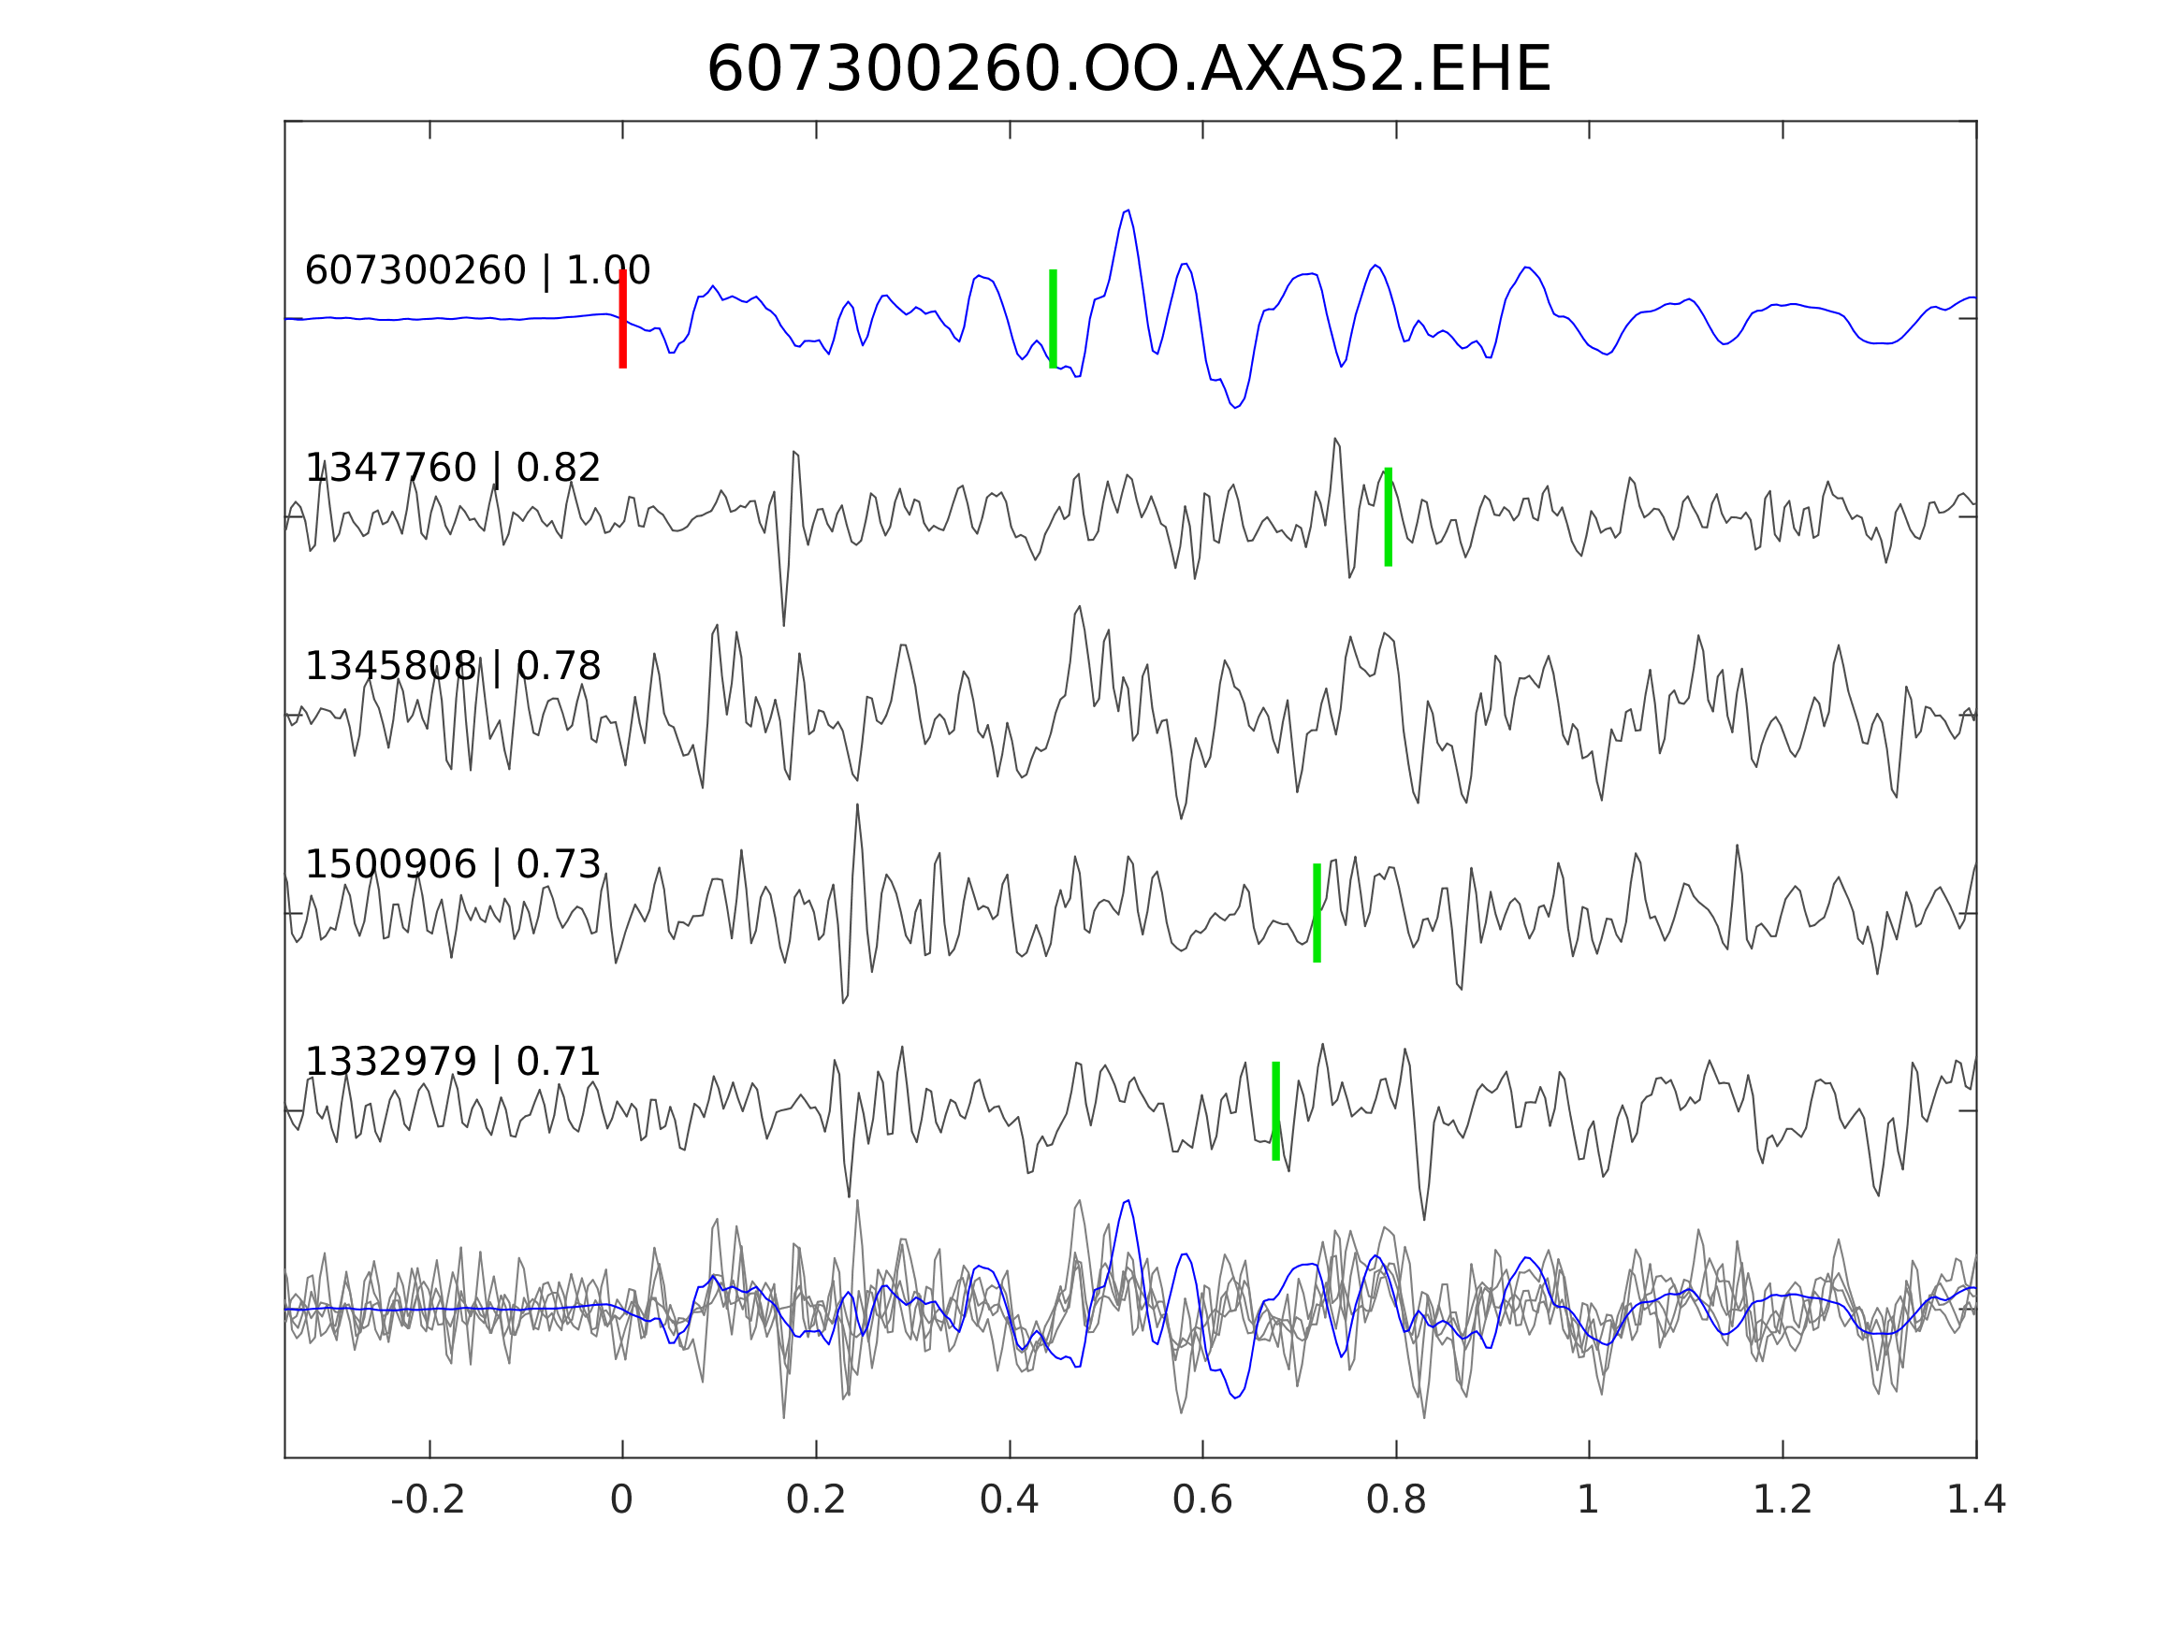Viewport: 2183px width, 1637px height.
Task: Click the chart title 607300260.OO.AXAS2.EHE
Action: [x=1129, y=70]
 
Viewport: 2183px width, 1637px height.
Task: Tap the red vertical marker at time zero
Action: [x=623, y=319]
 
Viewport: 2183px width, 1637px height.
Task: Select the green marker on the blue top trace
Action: [x=1053, y=319]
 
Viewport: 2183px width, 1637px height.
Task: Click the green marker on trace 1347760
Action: [x=1389, y=517]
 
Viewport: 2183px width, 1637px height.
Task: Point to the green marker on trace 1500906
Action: [x=1317, y=913]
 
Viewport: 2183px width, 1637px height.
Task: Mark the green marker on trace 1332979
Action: [x=1276, y=1111]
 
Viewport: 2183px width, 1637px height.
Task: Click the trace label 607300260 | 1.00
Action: [x=477, y=270]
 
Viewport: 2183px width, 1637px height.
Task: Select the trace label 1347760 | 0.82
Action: [x=453, y=468]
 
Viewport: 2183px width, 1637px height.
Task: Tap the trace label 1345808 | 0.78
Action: [x=453, y=667]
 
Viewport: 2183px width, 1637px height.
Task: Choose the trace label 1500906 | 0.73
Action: [x=453, y=864]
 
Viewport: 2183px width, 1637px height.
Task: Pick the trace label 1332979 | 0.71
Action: [x=453, y=1063]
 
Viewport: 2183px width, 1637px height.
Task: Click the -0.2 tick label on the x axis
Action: [x=429, y=1500]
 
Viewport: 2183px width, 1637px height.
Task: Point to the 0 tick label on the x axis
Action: [x=621, y=1500]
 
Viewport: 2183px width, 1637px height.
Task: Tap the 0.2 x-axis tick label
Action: [x=816, y=1500]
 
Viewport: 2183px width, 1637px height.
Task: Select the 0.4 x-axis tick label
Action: [x=1010, y=1500]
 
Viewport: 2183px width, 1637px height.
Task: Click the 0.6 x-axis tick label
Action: [x=1202, y=1500]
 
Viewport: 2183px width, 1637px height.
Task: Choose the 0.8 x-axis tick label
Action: [x=1396, y=1500]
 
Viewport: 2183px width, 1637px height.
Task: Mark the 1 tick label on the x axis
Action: [x=1588, y=1500]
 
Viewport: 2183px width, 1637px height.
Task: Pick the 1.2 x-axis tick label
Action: [x=1783, y=1500]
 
